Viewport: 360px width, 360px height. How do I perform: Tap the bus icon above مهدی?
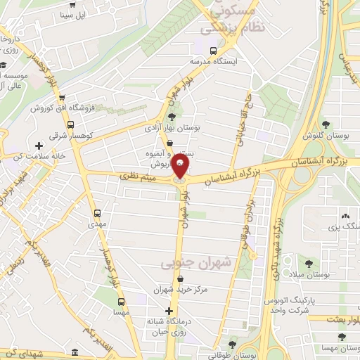pyautogui.click(x=96, y=212)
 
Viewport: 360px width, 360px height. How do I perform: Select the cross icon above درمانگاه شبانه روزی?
pyautogui.click(x=169, y=311)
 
